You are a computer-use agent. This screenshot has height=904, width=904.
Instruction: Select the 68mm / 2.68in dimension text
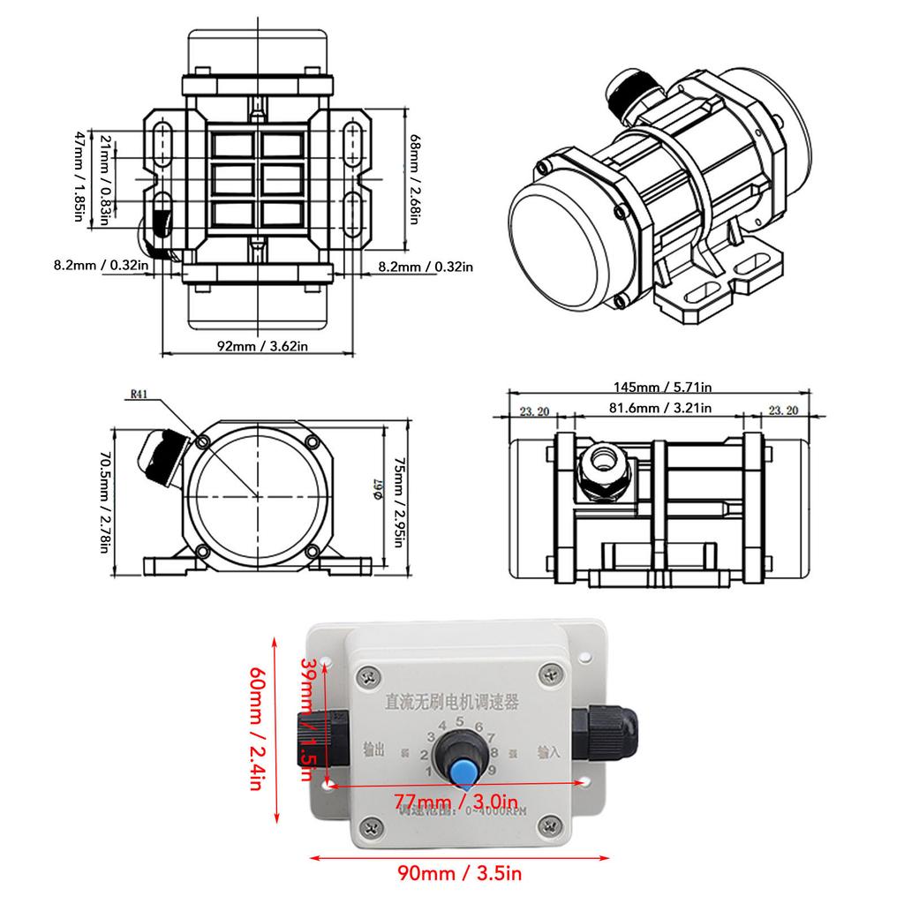click(416, 181)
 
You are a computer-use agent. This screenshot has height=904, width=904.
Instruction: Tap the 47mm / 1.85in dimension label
click(81, 177)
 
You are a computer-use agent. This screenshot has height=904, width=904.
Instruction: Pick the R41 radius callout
click(139, 395)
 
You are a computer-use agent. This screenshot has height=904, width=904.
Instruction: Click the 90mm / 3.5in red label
click(459, 874)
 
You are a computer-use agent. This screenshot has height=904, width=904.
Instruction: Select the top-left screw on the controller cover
click(370, 677)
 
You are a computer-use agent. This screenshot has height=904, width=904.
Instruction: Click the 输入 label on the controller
click(548, 753)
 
